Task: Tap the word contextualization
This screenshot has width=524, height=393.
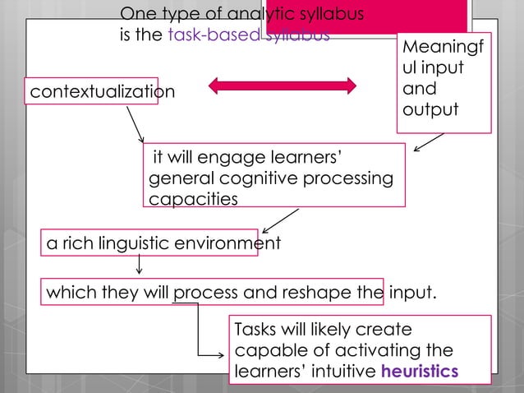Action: (x=103, y=91)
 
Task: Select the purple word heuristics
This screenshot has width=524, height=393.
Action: (x=421, y=371)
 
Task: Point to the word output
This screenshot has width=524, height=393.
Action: (x=430, y=109)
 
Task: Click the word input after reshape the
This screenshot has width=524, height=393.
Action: (x=414, y=292)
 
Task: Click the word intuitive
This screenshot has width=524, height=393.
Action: (x=342, y=371)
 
